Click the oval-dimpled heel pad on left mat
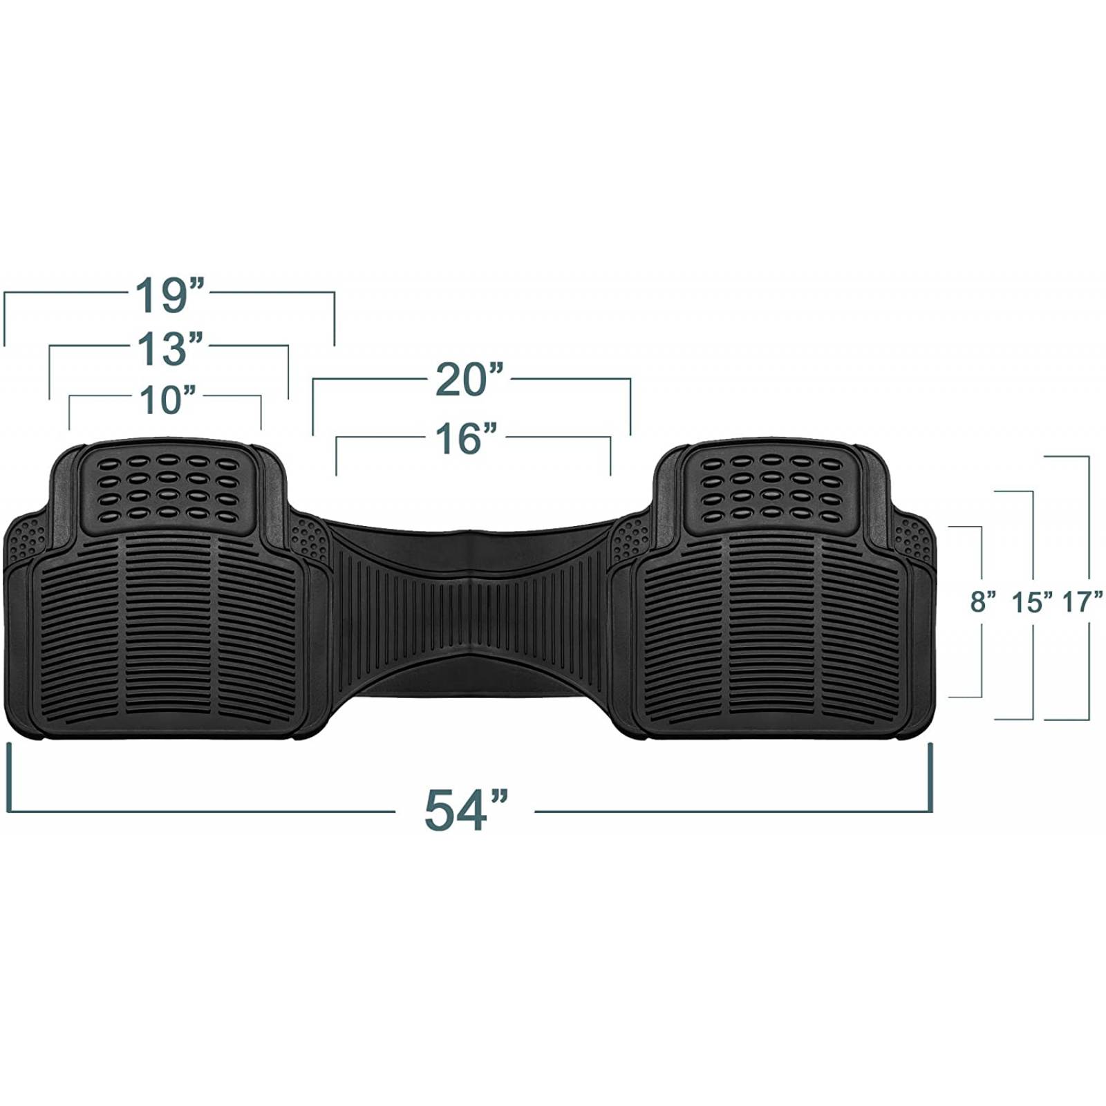(168, 488)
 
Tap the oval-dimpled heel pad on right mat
(771, 488)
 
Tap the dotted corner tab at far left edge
(26, 539)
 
